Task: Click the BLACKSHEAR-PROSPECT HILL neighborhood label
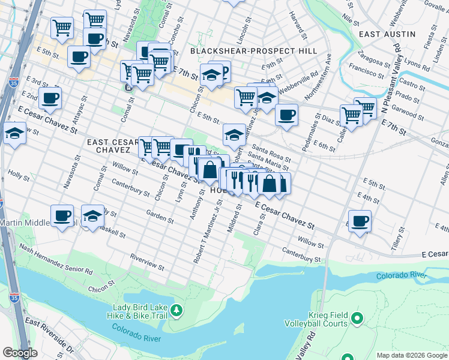pos(253,51)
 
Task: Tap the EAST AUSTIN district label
pos(387,35)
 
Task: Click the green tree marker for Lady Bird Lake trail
pos(176,310)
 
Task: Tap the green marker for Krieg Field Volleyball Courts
pos(358,318)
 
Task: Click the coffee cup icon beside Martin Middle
pos(62,217)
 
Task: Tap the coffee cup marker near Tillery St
pos(360,221)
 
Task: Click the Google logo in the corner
pos(20,353)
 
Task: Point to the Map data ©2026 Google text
pos(411,355)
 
